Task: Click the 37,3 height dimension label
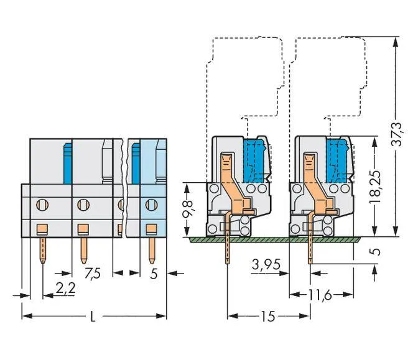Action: [396, 134]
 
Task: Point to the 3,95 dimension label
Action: [266, 265]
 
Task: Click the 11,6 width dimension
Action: [320, 295]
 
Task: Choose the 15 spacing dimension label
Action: [268, 316]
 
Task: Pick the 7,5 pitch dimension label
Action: [93, 274]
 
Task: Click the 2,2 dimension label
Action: [65, 288]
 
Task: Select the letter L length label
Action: [93, 316]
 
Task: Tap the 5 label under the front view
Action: [154, 274]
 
